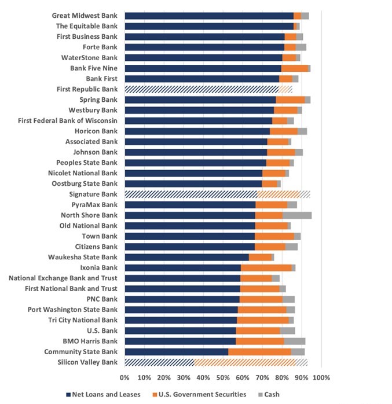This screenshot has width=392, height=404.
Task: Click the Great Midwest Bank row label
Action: coord(85,16)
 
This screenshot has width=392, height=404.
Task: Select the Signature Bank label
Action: coord(93,194)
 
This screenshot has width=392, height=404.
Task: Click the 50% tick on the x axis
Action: coord(223,377)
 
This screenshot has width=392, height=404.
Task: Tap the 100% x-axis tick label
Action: coord(321,377)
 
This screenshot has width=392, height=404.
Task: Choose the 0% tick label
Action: coord(125,377)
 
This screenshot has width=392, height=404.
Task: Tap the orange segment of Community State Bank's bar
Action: coord(259,352)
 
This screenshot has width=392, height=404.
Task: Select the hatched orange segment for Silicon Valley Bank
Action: coord(244,362)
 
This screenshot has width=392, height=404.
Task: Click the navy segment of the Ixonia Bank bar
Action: coord(182,267)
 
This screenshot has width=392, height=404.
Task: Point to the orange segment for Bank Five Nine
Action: coord(295,68)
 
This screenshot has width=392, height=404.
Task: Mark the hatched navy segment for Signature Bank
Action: coord(191,194)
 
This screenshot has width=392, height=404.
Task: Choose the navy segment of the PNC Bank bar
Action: coord(182,299)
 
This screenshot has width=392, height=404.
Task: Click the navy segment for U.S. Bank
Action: coord(180,330)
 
